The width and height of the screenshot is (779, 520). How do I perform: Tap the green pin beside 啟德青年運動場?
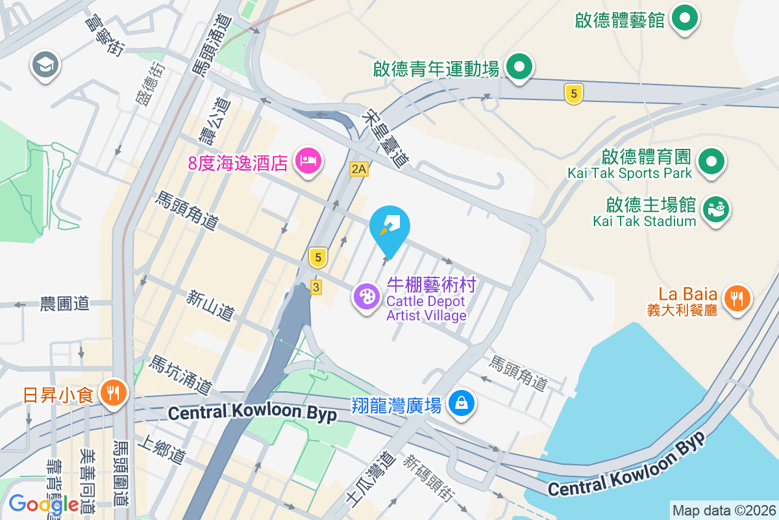(519, 66)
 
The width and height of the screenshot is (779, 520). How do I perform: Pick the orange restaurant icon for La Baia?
(736, 299)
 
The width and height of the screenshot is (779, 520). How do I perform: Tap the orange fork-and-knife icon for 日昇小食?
(114, 393)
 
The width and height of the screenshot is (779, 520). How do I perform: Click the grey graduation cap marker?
(46, 65)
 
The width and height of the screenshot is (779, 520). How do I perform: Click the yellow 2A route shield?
(359, 170)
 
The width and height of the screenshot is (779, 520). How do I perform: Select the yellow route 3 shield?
(316, 287)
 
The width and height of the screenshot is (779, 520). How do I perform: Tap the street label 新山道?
(210, 305)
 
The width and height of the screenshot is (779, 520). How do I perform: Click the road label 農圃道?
(65, 304)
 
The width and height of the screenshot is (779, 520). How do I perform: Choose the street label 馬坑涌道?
(180, 375)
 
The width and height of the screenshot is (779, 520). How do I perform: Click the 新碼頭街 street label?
(427, 478)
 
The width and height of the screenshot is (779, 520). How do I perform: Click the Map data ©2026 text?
(724, 510)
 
